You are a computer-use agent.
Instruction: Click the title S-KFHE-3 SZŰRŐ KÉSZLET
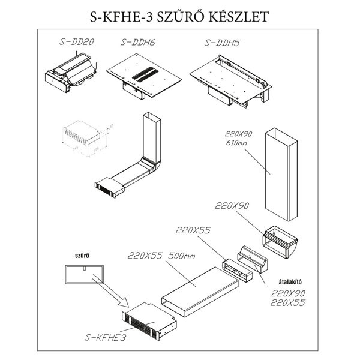point(179,17)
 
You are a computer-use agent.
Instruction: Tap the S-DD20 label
point(77,42)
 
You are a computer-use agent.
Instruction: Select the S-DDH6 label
point(138,42)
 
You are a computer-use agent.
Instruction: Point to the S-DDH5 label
point(222,43)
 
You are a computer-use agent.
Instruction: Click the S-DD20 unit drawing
point(71,73)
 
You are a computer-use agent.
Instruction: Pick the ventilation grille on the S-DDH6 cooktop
point(145,74)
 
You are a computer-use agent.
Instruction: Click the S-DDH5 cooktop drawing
point(231,81)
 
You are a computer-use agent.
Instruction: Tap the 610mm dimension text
point(236,143)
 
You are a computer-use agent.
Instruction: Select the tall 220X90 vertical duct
point(281,175)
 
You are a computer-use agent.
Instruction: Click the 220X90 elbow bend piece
point(280,242)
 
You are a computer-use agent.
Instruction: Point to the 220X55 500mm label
point(161,256)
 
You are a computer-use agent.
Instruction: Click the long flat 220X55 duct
point(200,292)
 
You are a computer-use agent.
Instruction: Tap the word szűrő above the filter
point(82,256)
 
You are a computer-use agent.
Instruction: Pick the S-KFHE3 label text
point(106,337)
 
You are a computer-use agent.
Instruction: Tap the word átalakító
point(290,282)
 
